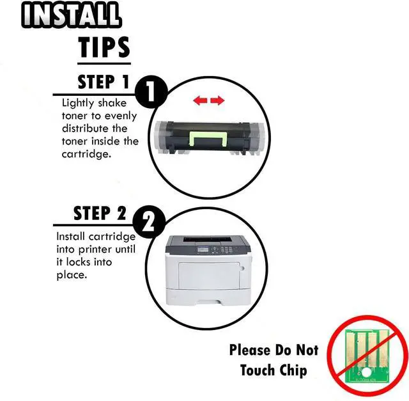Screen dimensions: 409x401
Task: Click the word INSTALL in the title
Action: click(x=71, y=14)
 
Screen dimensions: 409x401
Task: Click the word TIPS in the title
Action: click(x=104, y=47)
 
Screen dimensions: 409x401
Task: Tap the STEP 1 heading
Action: click(x=104, y=82)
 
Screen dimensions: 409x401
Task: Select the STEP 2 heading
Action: click(x=100, y=213)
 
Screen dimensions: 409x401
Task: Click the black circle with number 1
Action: click(x=151, y=92)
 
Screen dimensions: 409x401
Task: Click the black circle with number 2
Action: click(x=149, y=223)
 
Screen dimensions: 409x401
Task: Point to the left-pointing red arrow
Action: click(x=200, y=100)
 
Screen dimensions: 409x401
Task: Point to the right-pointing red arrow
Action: click(x=217, y=100)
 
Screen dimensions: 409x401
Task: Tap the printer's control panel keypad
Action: click(x=223, y=249)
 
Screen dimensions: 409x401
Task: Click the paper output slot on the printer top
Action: click(x=208, y=239)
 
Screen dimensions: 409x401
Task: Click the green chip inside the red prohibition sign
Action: click(x=367, y=356)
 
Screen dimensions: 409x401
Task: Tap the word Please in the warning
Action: click(x=250, y=350)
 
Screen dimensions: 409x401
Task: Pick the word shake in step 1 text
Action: click(x=112, y=103)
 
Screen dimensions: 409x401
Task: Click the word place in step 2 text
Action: click(x=71, y=275)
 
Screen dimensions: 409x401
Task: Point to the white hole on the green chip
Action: click(x=367, y=372)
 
